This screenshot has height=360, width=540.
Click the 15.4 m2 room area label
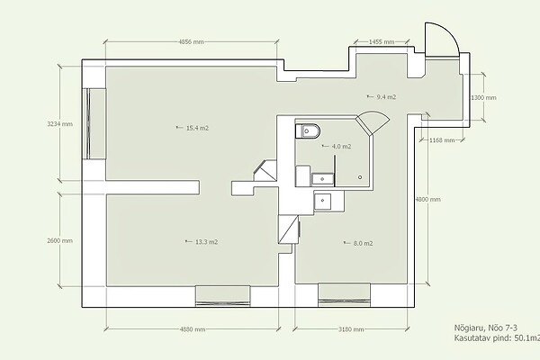click(x=197, y=128)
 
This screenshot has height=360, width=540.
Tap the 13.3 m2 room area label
click(x=206, y=242)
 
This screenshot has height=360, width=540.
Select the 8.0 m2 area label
click(x=363, y=244)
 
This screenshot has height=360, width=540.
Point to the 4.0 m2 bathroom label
click(x=341, y=147)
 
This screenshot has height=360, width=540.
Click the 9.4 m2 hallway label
click(x=386, y=97)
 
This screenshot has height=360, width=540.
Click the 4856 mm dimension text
click(x=191, y=42)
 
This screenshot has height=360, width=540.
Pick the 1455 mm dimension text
click(x=382, y=42)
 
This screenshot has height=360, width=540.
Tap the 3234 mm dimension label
click(x=60, y=123)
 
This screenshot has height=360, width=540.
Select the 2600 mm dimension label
click(x=60, y=241)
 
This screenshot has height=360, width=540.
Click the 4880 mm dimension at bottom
click(x=193, y=329)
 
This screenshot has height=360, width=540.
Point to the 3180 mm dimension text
click(x=351, y=329)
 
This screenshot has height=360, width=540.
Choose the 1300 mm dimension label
click(x=483, y=98)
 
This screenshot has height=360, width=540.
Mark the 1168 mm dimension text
click(x=442, y=140)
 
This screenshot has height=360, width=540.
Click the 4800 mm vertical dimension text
click(x=428, y=200)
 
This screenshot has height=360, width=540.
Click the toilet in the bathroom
click(x=308, y=130)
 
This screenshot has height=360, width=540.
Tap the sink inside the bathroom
click(x=323, y=179)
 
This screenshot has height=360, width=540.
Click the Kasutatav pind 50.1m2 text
click(x=497, y=338)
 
